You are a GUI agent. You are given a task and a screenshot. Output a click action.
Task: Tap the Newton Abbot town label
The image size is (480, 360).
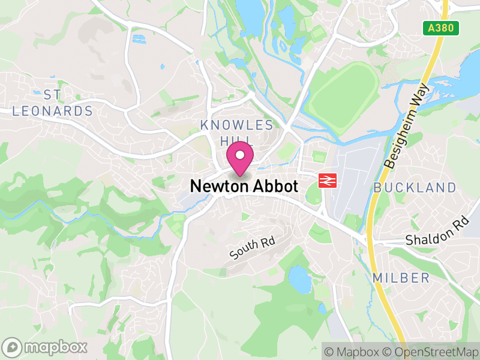pos(244,187)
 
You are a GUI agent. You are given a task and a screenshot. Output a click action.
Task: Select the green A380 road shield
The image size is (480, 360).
pos(444,28)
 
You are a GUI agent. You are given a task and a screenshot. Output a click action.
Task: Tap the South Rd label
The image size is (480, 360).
pos(252,249)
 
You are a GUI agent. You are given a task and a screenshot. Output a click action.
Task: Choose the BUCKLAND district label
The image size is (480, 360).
pos(415,188)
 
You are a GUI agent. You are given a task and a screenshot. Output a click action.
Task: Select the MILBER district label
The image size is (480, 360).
pos(401,278)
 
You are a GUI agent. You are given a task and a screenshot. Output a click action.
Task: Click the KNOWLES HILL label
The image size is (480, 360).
pos(237,133)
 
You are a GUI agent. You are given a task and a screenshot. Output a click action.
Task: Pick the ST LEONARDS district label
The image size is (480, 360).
pos(53,103)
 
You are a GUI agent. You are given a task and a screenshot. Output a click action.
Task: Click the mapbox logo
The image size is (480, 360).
pos(45,347)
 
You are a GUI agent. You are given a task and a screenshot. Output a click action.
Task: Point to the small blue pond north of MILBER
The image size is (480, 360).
pos(298,278)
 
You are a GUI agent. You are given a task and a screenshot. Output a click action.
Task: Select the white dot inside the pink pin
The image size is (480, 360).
pos(240,155)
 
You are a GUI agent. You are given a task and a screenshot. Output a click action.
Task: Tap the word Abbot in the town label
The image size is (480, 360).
pos(275,187)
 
